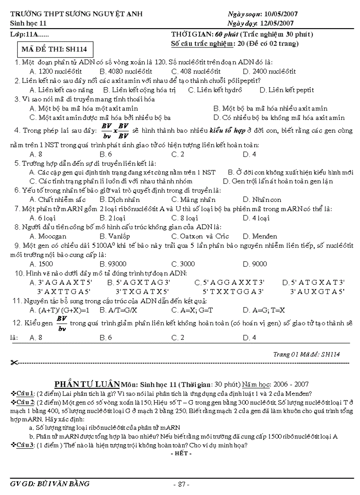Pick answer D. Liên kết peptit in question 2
tap(287, 90)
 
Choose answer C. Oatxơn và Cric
tap(200, 236)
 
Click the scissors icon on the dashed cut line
tap(13, 363)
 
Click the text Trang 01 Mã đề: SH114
tap(307, 354)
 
